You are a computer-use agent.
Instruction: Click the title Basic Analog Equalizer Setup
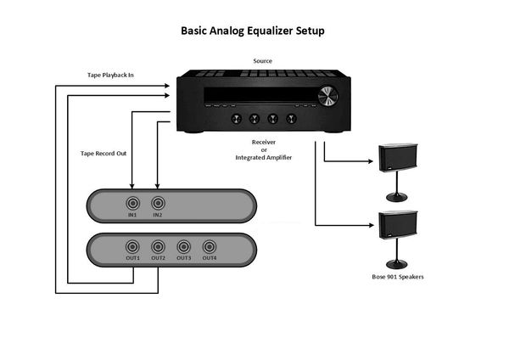pyautogui.click(x=253, y=31)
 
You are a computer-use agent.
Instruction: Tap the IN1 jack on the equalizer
pyautogui.click(x=132, y=204)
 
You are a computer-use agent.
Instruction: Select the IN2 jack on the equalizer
pyautogui.click(x=158, y=204)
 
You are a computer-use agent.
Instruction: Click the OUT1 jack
pyautogui.click(x=132, y=247)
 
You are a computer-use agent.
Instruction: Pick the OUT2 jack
pyautogui.click(x=158, y=247)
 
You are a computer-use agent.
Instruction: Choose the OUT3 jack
pyautogui.click(x=184, y=247)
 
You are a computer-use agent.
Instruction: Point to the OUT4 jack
pyautogui.click(x=210, y=247)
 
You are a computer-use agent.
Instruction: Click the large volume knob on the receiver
pyautogui.click(x=327, y=96)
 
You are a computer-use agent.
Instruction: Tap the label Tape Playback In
pyautogui.click(x=110, y=75)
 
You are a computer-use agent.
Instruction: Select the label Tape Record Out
pyautogui.click(x=103, y=154)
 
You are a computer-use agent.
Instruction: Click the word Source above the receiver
pyautogui.click(x=263, y=61)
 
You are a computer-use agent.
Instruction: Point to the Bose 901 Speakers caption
pyautogui.click(x=398, y=277)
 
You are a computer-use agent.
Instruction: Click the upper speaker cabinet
pyautogui.click(x=398, y=158)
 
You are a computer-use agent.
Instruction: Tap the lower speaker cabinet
pyautogui.click(x=398, y=225)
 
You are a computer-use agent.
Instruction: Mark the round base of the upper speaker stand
pyautogui.click(x=396, y=197)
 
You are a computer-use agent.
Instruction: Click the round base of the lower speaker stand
pyautogui.click(x=396, y=264)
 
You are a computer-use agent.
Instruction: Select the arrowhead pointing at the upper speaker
pyautogui.click(x=370, y=160)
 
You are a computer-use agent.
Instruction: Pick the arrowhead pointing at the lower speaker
pyautogui.click(x=371, y=225)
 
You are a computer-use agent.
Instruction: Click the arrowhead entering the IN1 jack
pyautogui.click(x=131, y=186)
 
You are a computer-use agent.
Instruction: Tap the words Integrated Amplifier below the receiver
pyautogui.click(x=264, y=158)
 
